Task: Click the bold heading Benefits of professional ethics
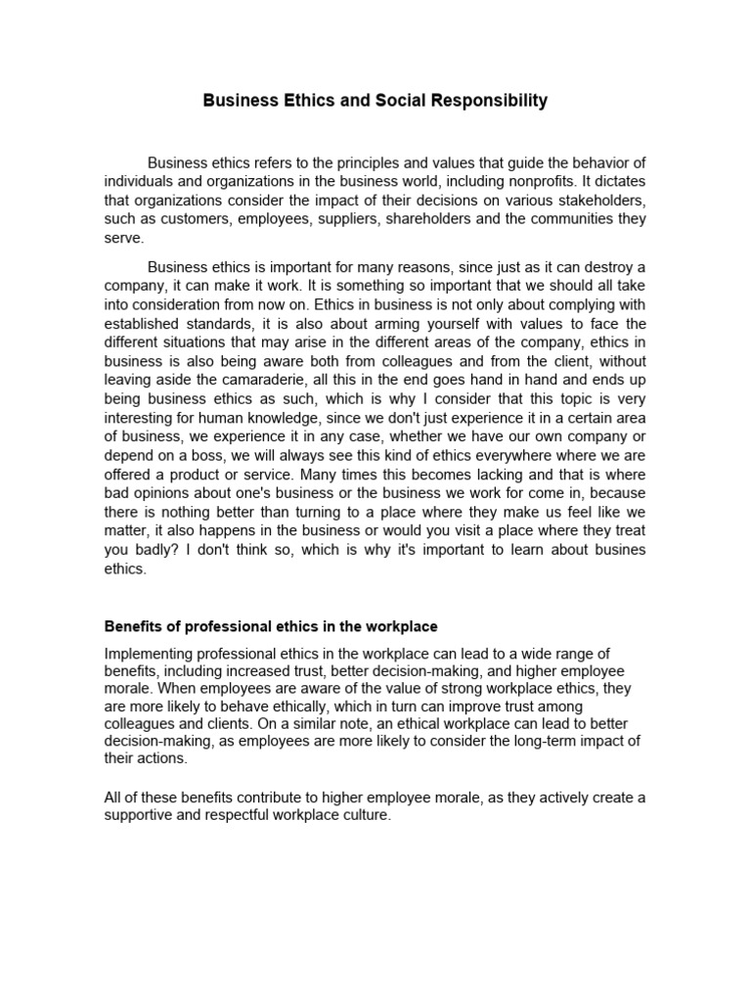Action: tap(271, 626)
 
